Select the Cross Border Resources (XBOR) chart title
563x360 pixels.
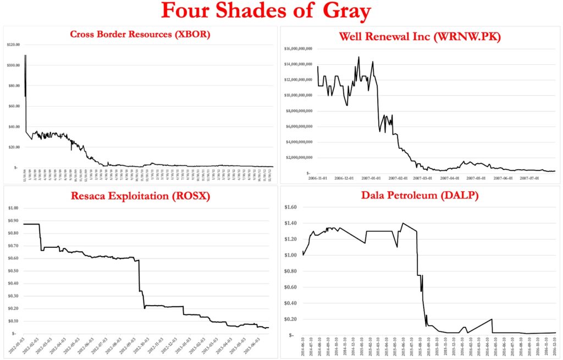click(x=140, y=35)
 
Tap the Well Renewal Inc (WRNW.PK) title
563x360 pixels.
click(x=422, y=37)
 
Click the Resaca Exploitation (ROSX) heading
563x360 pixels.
click(x=141, y=196)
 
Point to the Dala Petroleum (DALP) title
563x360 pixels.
click(x=422, y=195)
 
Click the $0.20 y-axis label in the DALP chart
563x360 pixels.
click(x=290, y=319)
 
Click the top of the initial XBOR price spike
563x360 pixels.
click(x=25, y=56)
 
